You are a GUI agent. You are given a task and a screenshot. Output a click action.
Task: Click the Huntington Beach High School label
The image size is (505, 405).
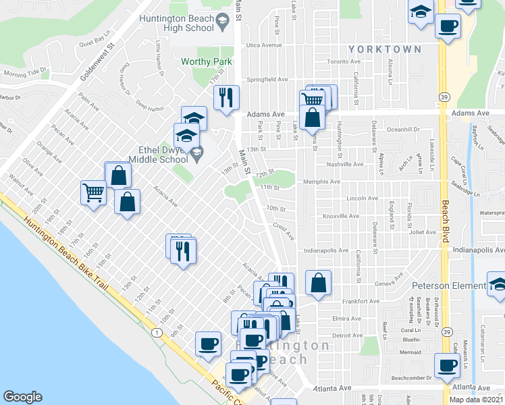point(176,24)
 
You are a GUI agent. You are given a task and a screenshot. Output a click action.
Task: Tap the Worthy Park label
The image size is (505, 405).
point(207,61)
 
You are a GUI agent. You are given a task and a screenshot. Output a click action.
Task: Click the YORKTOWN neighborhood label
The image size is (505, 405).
point(386,49)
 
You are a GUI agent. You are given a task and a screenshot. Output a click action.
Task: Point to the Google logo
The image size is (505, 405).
point(22,397)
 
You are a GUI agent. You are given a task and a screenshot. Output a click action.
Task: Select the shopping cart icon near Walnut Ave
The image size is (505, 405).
point(93,192)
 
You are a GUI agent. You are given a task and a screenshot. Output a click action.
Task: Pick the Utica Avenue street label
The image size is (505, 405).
point(263,45)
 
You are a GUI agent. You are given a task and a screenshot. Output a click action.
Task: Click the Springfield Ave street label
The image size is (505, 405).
point(266,79)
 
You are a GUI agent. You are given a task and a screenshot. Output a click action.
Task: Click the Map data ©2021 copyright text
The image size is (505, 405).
point(476,400)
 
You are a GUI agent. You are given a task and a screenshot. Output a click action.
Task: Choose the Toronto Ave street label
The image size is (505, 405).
point(342,61)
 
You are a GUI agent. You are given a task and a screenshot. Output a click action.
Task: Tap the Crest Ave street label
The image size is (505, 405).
point(284,232)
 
